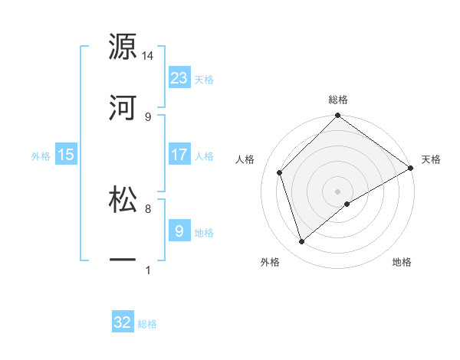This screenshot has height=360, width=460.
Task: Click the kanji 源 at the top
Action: click(123, 47)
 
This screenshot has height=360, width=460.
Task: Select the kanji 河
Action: click(123, 107)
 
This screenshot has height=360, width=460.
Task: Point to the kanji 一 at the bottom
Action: click(123, 260)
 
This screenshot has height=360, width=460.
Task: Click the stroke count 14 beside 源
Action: click(148, 56)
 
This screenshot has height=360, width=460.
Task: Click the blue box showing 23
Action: click(179, 78)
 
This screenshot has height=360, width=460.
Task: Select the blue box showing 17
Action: click(179, 154)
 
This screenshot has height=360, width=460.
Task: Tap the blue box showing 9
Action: click(179, 231)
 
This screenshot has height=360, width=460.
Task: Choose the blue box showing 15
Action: click(66, 155)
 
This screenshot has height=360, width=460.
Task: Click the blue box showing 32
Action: click(123, 322)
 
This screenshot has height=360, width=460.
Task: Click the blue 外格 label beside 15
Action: click(41, 156)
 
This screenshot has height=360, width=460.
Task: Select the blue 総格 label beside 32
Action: click(147, 324)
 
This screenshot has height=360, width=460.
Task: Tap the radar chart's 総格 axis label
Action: click(338, 100)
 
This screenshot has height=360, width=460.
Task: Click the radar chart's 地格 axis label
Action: click(402, 263)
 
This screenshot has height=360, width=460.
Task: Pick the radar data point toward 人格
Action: click(280, 172)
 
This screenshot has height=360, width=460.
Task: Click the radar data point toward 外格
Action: click(302, 242)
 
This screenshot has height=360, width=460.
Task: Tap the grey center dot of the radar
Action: click(338, 191)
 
